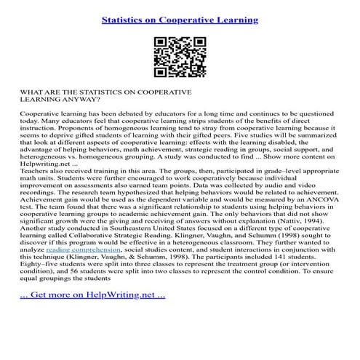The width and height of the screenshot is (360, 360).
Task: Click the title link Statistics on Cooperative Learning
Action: [180, 19]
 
